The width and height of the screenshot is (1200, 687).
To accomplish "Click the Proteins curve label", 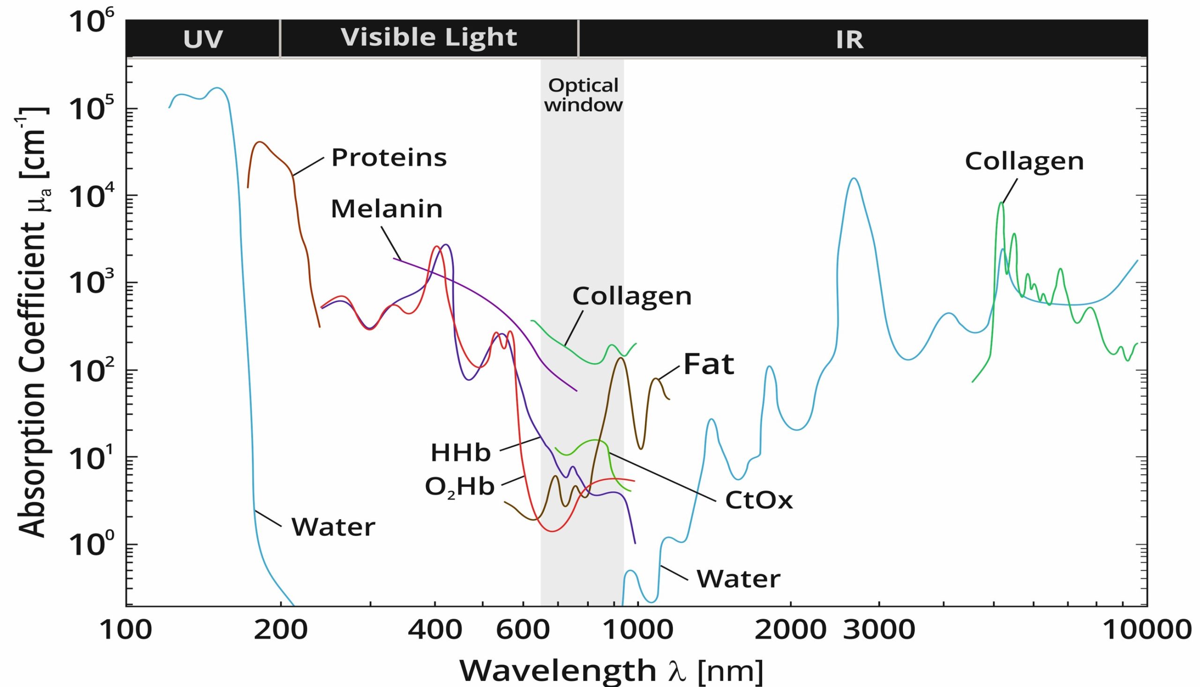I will pyautogui.click(x=389, y=158).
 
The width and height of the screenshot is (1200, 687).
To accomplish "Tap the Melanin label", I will pyautogui.click(x=387, y=209).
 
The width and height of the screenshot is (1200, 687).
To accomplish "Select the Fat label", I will pyautogui.click(x=709, y=364).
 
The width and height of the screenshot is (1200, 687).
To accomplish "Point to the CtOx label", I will pyautogui.click(x=759, y=501).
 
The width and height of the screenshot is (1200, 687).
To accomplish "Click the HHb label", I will pyautogui.click(x=461, y=453).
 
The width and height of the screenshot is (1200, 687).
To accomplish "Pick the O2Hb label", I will pyautogui.click(x=460, y=487).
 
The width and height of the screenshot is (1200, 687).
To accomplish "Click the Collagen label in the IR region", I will pyautogui.click(x=1024, y=162).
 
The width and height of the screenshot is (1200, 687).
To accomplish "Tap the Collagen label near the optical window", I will pyautogui.click(x=632, y=296).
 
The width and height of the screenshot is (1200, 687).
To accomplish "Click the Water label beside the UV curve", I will pyautogui.click(x=333, y=527).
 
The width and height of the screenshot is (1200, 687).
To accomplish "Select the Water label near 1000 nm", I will pyautogui.click(x=738, y=579).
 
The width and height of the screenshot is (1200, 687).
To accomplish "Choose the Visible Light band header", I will pyautogui.click(x=428, y=38).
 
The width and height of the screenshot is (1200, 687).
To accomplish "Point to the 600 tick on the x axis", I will pyautogui.click(x=523, y=630).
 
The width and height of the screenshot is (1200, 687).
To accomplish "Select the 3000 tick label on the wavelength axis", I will pyautogui.click(x=879, y=630).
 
